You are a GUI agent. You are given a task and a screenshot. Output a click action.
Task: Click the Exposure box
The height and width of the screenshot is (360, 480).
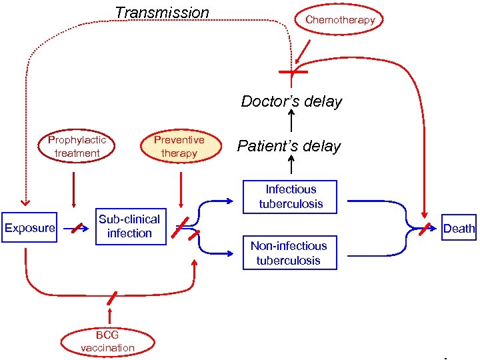coord(29,228)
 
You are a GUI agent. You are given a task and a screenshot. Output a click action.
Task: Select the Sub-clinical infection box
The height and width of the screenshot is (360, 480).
coord(129,227)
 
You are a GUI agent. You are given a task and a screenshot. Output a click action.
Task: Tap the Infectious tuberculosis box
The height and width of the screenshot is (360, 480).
coord(290,197)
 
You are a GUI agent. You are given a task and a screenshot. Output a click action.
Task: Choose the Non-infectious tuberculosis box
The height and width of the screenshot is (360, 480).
coord(289,253)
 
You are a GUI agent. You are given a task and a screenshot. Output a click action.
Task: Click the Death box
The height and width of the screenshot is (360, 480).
coord(459,228)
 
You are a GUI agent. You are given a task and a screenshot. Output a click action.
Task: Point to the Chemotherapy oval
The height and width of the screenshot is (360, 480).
coord(340,20)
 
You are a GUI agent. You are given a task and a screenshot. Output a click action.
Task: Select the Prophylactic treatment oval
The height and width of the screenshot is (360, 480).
coord(77,147)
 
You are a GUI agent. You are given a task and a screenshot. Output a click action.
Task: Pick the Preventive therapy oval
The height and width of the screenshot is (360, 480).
coord(179,147)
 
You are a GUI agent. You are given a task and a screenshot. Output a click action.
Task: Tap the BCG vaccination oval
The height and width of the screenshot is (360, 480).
coord(107,342)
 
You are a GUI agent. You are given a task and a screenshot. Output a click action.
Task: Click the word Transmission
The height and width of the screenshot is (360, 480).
coord(162,13)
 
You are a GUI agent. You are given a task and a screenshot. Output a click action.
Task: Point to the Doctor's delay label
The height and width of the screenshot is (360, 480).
coord(291,101)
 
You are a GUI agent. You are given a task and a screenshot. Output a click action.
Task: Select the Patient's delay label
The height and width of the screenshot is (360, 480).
coord(289,146)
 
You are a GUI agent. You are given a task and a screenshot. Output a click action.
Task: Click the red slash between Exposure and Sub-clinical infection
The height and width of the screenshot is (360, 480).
coord(77,228)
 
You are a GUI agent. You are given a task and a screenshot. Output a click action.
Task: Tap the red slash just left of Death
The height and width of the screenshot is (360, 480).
coord(425,229)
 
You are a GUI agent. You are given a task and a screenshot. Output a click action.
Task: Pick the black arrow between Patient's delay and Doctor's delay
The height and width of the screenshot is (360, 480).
coord(291,121)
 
